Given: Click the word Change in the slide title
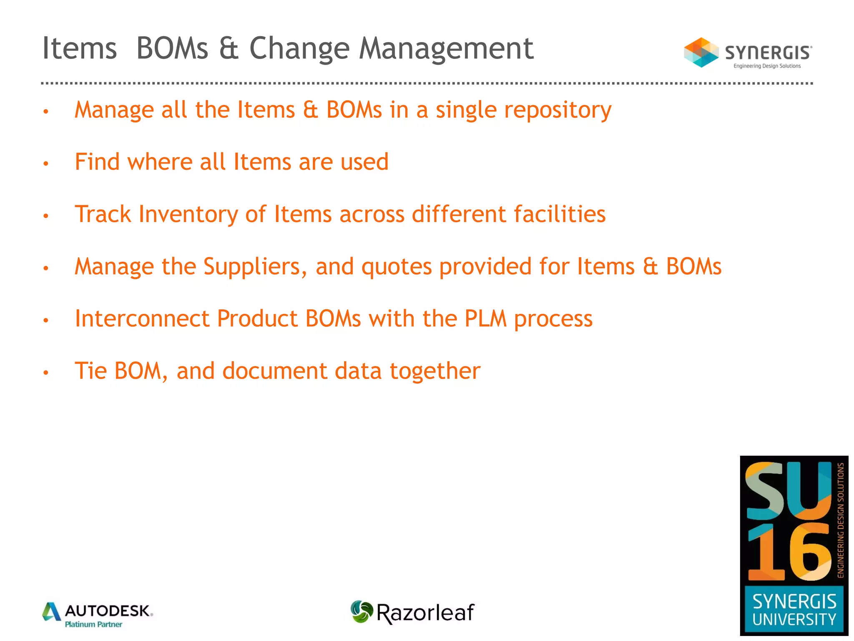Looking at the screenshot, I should pyautogui.click(x=299, y=49).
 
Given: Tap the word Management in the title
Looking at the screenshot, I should pyautogui.click(x=446, y=49).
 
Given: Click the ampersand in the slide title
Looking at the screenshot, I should pyautogui.click(x=229, y=49).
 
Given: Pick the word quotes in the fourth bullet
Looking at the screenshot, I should pyautogui.click(x=396, y=267).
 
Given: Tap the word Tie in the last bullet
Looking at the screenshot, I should pyautogui.click(x=90, y=371).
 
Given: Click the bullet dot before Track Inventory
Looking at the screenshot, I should pyautogui.click(x=46, y=216).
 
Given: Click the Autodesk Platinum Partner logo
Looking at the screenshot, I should pyautogui.click(x=98, y=614).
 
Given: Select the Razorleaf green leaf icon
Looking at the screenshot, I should pyautogui.click(x=361, y=611).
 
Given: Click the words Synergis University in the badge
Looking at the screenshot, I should pyautogui.click(x=794, y=610).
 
